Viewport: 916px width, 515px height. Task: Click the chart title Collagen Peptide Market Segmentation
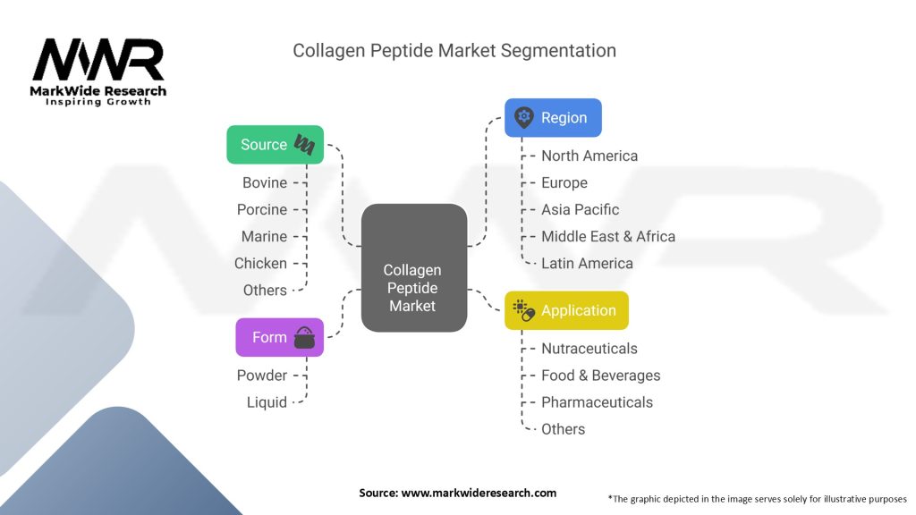(x=454, y=51)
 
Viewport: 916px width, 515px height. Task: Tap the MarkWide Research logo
(x=98, y=72)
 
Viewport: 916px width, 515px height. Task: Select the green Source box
(x=275, y=145)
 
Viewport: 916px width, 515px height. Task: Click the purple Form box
(x=279, y=337)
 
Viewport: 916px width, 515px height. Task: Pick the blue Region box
(x=553, y=117)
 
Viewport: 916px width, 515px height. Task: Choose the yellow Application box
(x=566, y=310)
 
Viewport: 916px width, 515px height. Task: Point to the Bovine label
(x=265, y=182)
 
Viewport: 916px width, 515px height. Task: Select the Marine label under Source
(x=264, y=236)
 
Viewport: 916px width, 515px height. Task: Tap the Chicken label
(x=260, y=263)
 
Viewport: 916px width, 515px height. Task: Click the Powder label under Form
(x=262, y=375)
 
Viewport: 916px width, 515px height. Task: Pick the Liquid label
(x=267, y=402)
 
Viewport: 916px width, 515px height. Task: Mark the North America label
(x=589, y=156)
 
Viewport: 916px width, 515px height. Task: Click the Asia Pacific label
(x=580, y=209)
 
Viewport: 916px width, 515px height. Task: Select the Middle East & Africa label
(x=608, y=236)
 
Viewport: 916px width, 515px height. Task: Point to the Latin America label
(x=587, y=263)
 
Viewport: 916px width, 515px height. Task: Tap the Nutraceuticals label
(x=589, y=348)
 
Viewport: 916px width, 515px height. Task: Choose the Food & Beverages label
(x=600, y=376)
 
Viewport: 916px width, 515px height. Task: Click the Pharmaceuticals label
(x=597, y=402)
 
